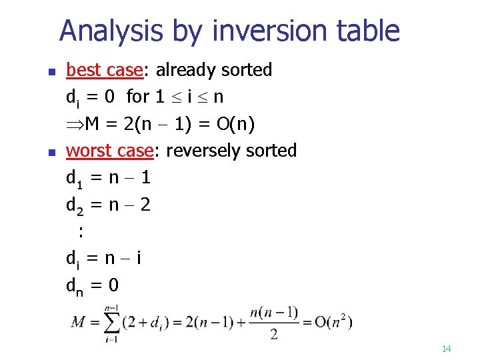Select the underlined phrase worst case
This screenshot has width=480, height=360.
(x=110, y=151)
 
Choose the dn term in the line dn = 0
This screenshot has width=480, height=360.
(x=75, y=286)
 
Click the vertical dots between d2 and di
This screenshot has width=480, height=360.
(x=81, y=232)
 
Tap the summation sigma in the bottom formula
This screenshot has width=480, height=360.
(x=113, y=323)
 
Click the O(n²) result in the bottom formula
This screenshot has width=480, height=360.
(x=327, y=322)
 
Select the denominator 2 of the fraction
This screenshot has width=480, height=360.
(x=273, y=335)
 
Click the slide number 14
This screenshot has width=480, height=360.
(x=447, y=349)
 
